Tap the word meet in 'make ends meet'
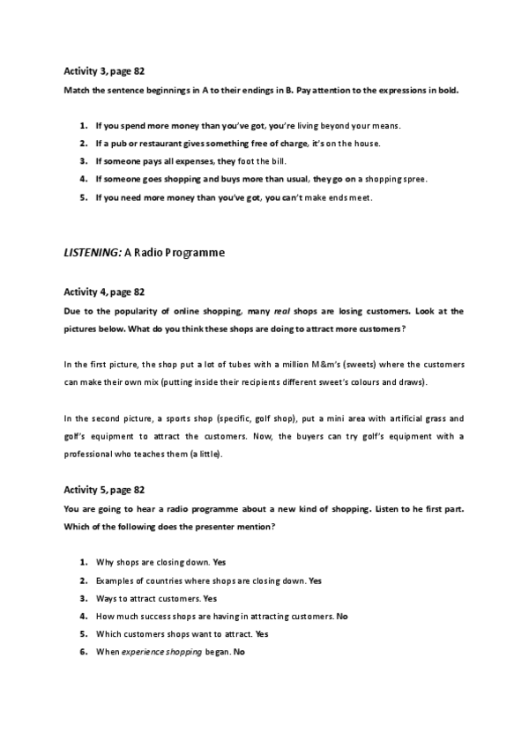pyautogui.click(x=361, y=198)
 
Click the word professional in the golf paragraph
pyautogui.click(x=93, y=455)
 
